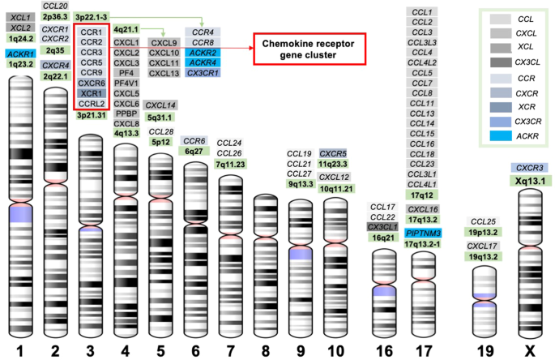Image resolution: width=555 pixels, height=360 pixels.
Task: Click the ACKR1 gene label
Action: [19, 52]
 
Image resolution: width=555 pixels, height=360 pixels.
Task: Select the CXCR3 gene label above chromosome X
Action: [530, 167]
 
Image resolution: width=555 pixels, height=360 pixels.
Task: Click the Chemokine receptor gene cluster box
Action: [310, 48]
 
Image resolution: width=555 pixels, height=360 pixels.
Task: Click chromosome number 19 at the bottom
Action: [485, 349]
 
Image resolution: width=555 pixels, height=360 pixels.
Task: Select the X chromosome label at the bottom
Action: [530, 349]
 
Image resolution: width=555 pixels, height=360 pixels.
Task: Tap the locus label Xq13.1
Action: [530, 181]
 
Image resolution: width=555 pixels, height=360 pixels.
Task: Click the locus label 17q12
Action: [423, 195]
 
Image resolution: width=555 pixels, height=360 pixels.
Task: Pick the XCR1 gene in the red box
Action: [90, 93]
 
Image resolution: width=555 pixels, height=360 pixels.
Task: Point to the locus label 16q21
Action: [383, 238]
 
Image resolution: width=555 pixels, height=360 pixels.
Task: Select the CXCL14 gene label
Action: [160, 105]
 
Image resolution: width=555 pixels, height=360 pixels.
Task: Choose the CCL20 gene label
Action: [54, 5]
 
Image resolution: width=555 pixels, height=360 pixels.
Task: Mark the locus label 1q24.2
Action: [19, 38]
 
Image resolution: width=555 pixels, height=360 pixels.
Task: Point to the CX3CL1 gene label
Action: [383, 227]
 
